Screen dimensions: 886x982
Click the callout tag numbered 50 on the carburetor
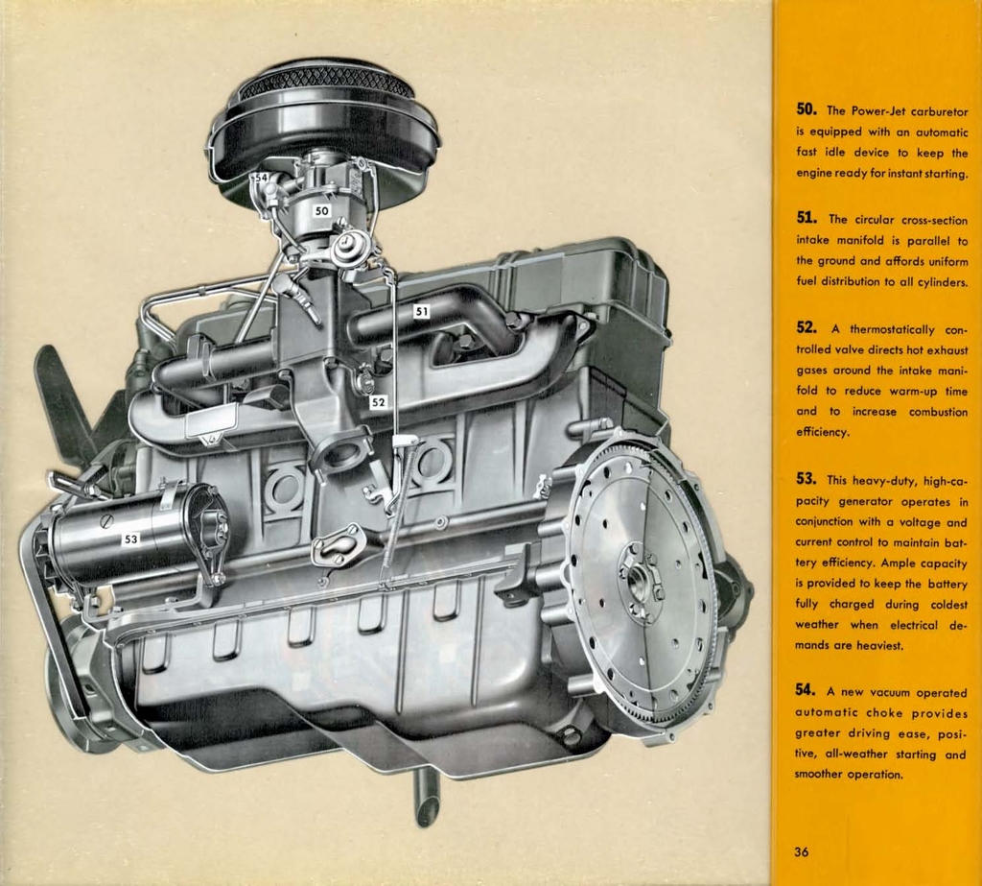click(321, 210)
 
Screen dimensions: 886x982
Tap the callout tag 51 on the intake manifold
click(422, 311)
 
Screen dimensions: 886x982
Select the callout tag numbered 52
click(378, 403)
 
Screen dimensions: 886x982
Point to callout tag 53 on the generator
click(130, 539)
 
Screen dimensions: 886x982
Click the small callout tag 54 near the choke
click(261, 180)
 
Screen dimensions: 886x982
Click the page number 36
click(803, 850)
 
